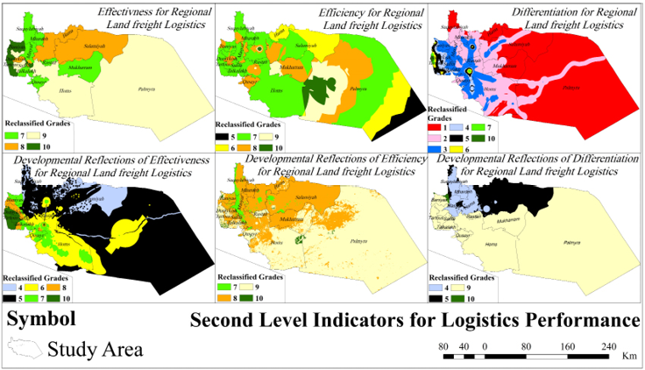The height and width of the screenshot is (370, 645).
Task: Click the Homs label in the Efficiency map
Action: pyautogui.click(x=276, y=90)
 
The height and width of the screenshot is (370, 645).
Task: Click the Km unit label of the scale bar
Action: pyautogui.click(x=629, y=358)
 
